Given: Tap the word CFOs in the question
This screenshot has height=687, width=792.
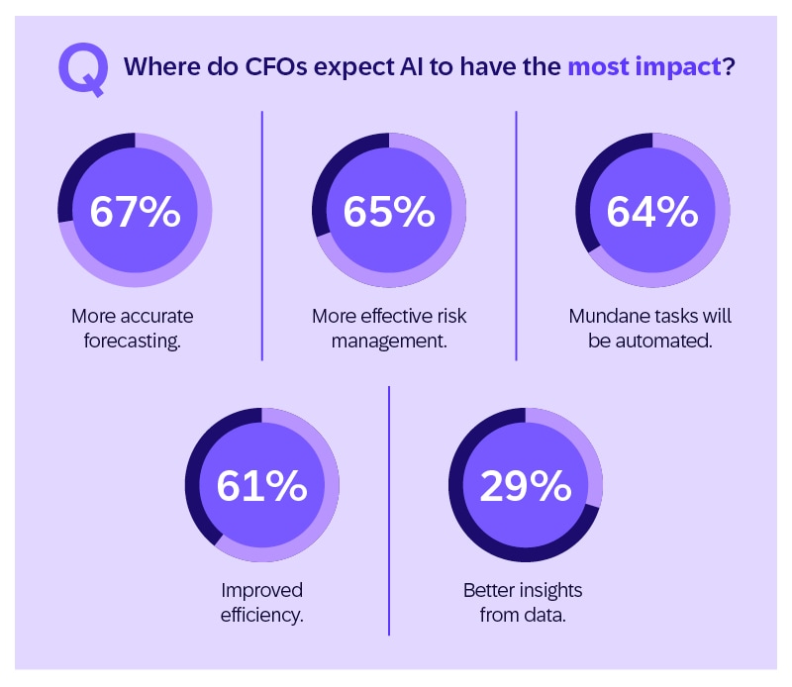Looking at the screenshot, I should [x=261, y=69].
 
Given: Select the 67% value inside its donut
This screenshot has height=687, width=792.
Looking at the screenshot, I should [x=135, y=212].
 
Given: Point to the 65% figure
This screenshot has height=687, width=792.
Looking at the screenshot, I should [x=389, y=212].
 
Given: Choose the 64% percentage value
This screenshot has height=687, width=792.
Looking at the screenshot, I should [x=652, y=212].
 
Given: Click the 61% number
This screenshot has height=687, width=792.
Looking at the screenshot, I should [x=261, y=485].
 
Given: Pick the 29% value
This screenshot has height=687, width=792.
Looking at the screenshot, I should [x=525, y=485].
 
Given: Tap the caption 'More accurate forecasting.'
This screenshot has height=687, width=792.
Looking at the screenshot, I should [x=133, y=329].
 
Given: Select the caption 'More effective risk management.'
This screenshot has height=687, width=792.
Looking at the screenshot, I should [x=389, y=329].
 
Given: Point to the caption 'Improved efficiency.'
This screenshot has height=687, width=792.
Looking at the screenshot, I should [x=261, y=602].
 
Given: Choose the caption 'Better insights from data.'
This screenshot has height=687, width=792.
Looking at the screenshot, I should [x=523, y=602].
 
